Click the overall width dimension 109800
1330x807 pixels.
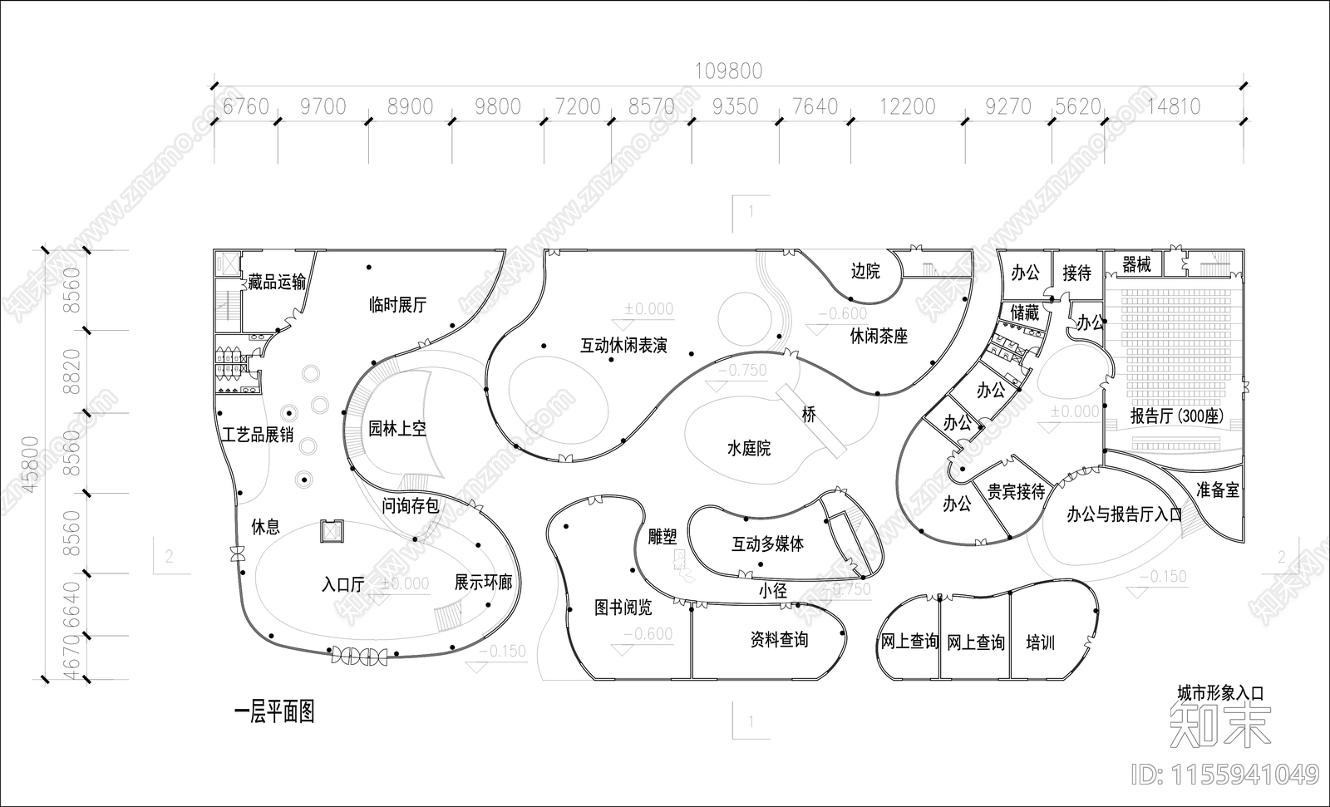(x=728, y=71)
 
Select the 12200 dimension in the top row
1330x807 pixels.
(x=907, y=107)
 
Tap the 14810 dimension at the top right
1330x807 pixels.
(x=1173, y=106)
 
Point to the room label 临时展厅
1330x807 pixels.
(x=397, y=305)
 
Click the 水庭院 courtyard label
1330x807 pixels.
(x=748, y=449)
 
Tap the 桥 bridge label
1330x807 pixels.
(x=809, y=414)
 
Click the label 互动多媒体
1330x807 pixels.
(x=767, y=544)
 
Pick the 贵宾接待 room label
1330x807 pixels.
(x=1016, y=492)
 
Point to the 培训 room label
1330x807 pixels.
(x=1040, y=642)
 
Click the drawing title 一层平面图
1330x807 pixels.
(x=274, y=712)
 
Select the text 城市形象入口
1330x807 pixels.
(x=1219, y=692)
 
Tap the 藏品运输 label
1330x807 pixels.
(x=276, y=283)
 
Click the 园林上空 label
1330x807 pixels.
(x=397, y=429)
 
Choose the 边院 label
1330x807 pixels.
(x=864, y=271)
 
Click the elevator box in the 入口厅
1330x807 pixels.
(x=332, y=530)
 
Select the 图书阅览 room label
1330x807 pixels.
(x=623, y=608)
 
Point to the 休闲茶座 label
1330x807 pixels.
(x=878, y=337)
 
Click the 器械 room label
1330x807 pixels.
(x=1136, y=265)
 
